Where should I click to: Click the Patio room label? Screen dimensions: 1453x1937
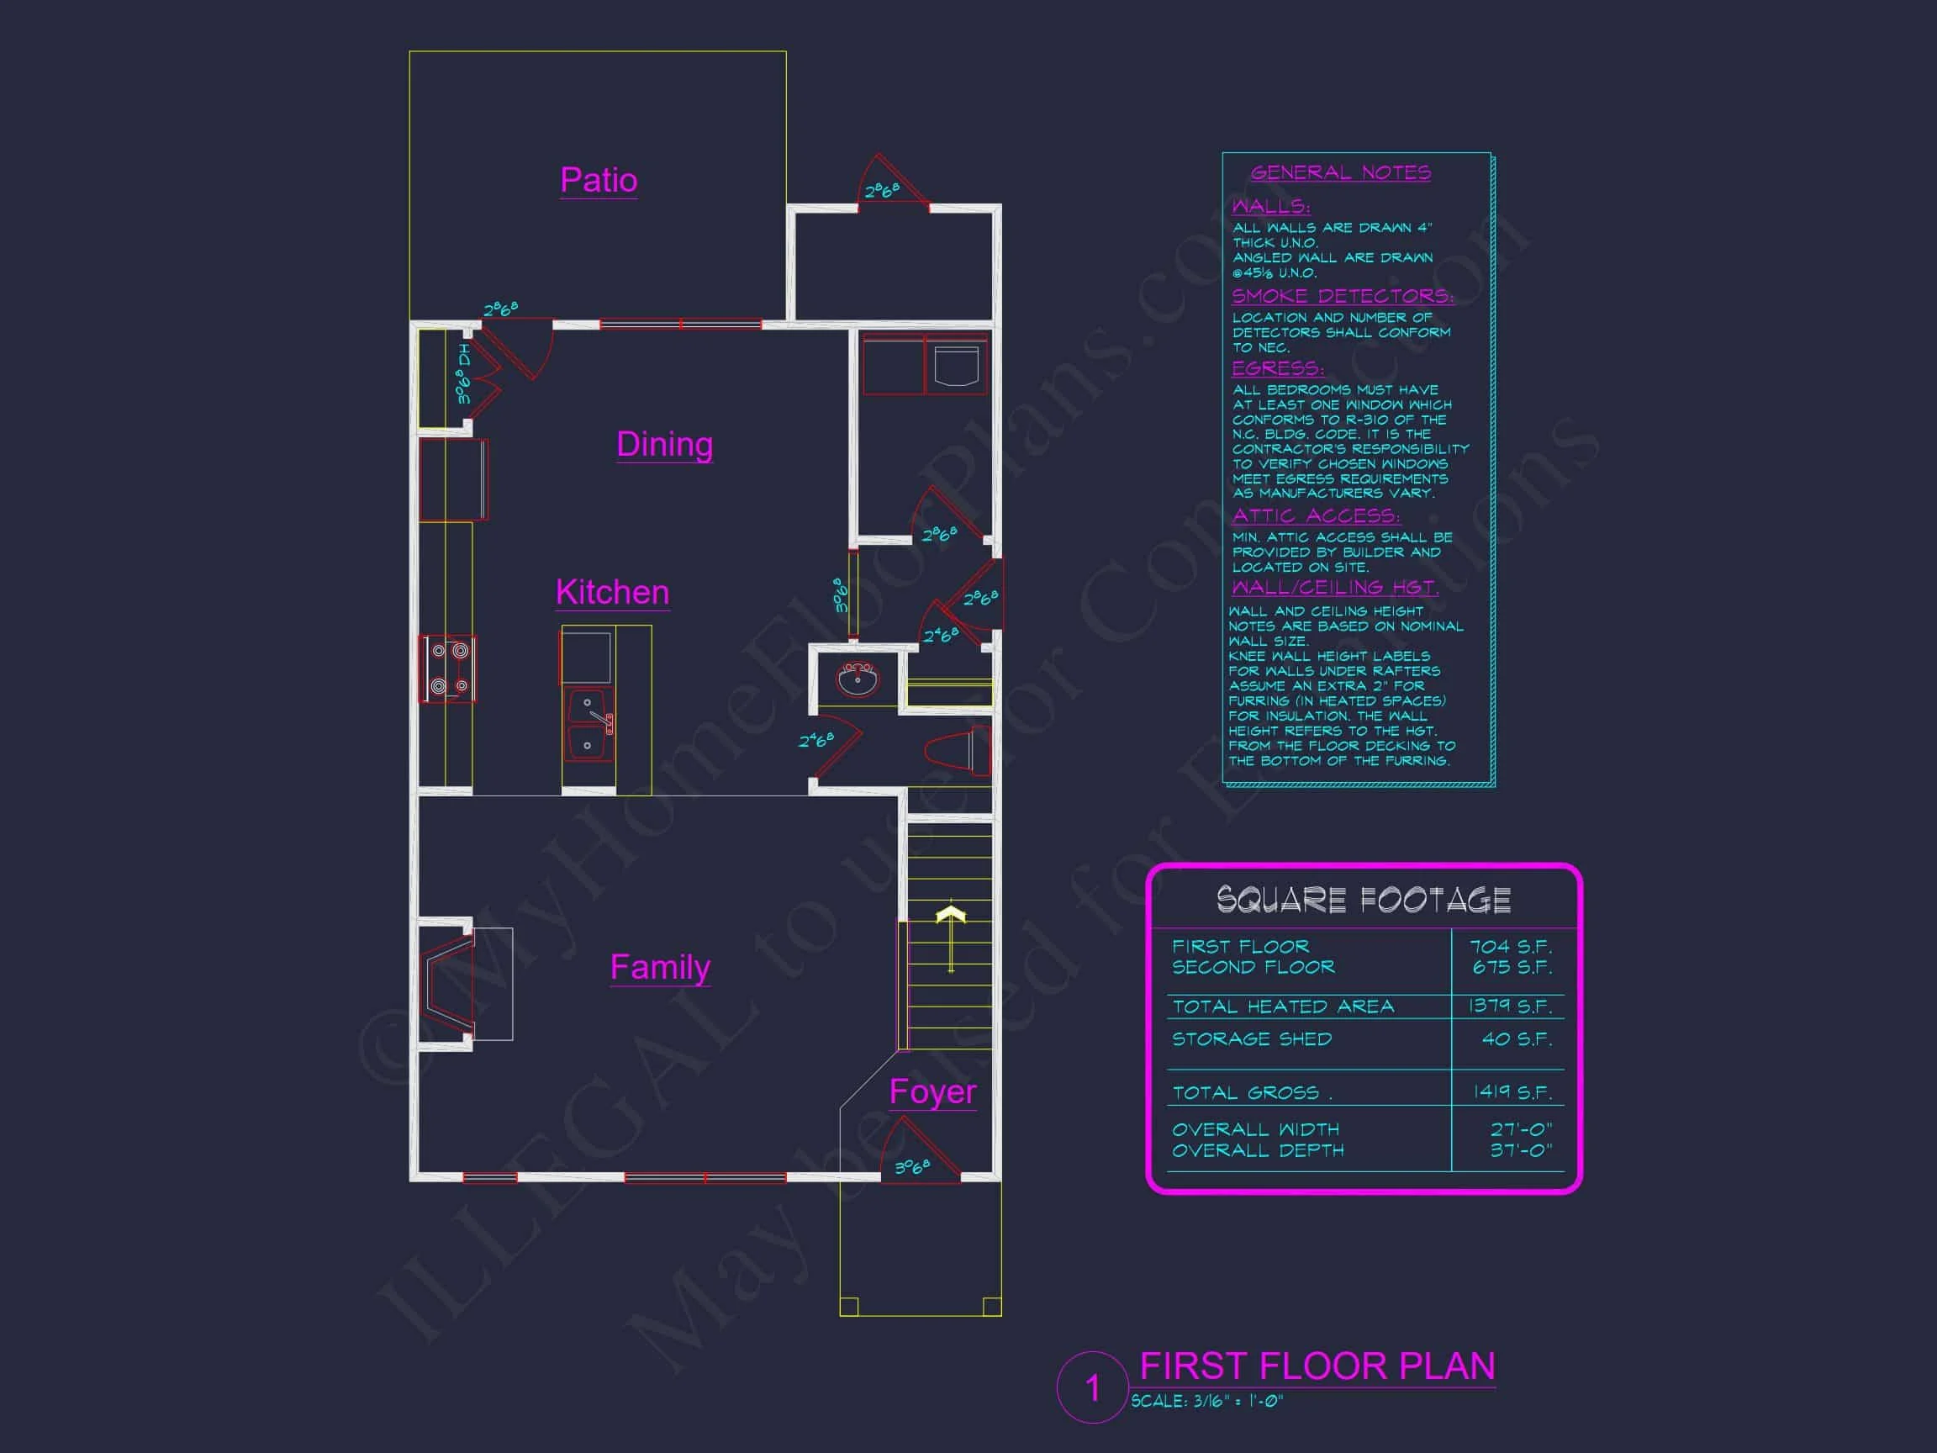[x=598, y=181]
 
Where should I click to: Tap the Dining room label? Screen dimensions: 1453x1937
[x=665, y=444]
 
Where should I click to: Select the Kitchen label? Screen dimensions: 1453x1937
[x=612, y=592]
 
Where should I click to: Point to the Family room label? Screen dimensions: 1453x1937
[x=659, y=967]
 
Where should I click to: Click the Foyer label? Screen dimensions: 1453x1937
[x=932, y=1091]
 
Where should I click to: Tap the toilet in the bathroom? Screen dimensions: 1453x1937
[x=956, y=750]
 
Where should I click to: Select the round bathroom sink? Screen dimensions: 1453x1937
[x=858, y=679]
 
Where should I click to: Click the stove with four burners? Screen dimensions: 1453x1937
[x=449, y=668]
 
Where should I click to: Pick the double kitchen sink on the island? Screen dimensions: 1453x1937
[x=588, y=725]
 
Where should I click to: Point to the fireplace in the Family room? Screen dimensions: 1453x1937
[x=449, y=983]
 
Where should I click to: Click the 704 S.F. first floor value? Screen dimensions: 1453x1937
[x=1511, y=947]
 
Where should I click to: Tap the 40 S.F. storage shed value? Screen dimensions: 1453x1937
[x=1517, y=1038]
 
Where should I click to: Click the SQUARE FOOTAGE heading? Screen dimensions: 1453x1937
[x=1364, y=900]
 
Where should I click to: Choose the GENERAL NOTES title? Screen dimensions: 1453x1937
[x=1340, y=172]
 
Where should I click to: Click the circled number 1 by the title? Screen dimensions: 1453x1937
[x=1092, y=1387]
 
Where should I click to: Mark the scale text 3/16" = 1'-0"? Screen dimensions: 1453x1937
[x=1206, y=1402]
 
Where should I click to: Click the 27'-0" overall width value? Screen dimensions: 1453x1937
[x=1521, y=1129]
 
